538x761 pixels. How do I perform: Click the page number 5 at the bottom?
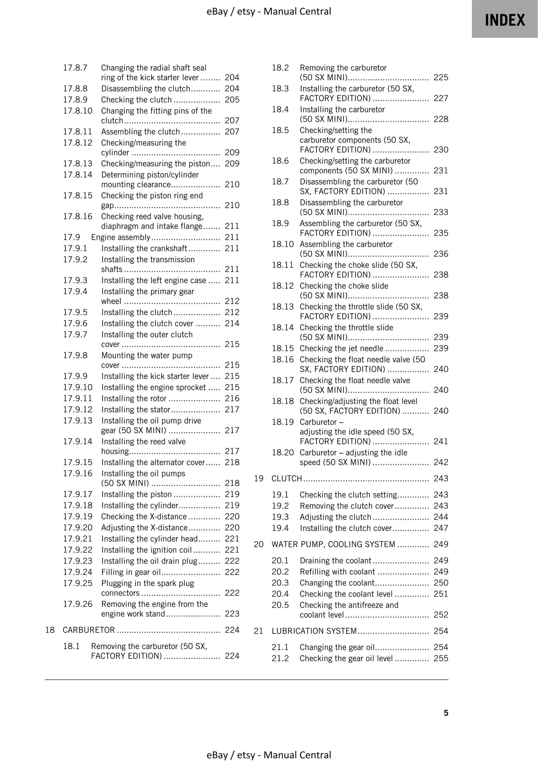pyautogui.click(x=446, y=713)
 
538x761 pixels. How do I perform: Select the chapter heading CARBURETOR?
pyautogui.click(x=89, y=630)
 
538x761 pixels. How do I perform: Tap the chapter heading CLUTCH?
pyautogui.click(x=287, y=479)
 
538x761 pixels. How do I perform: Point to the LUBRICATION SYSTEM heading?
pyautogui.click(x=314, y=631)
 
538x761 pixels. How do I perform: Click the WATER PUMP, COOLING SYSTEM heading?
pyautogui.click(x=333, y=544)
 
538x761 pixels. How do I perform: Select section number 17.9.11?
pyautogui.click(x=77, y=399)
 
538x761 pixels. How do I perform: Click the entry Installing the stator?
pyautogui.click(x=136, y=410)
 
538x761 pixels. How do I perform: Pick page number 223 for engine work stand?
pyautogui.click(x=232, y=614)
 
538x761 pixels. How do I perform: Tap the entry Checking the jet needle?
pyautogui.click(x=341, y=349)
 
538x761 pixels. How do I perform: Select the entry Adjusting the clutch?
pyautogui.click(x=335, y=517)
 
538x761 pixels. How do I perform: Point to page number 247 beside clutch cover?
pyautogui.click(x=441, y=528)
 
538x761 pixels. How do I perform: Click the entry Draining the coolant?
pyautogui.click(x=335, y=561)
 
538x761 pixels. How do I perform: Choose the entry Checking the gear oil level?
pyautogui.click(x=346, y=659)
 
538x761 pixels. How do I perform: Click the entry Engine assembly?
pyautogui.click(x=121, y=237)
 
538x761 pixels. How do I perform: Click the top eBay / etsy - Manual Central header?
pyautogui.click(x=268, y=12)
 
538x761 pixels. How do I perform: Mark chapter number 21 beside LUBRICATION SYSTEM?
pyautogui.click(x=258, y=631)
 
